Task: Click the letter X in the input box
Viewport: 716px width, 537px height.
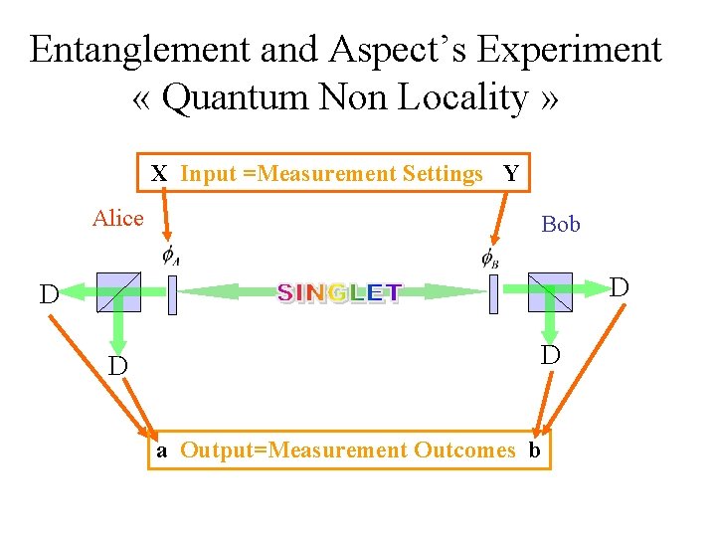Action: (x=159, y=174)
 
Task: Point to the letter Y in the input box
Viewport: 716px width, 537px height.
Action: (x=511, y=174)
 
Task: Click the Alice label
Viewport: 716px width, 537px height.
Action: (x=118, y=218)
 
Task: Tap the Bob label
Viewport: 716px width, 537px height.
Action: (x=561, y=224)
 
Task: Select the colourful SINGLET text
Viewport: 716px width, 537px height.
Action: (x=339, y=292)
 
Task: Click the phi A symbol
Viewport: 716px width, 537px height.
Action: (x=170, y=257)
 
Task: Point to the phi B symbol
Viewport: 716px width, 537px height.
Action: (x=490, y=258)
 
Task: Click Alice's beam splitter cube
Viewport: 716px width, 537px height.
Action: (x=118, y=292)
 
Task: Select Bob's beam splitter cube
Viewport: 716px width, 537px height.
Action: (x=550, y=292)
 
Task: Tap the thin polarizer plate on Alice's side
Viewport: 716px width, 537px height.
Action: (x=172, y=294)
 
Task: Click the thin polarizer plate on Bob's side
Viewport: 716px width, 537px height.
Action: (x=492, y=294)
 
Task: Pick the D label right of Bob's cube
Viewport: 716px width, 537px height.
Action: (x=620, y=288)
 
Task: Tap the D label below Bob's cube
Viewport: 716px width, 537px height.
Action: (x=550, y=355)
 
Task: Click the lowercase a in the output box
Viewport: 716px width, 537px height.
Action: (x=162, y=450)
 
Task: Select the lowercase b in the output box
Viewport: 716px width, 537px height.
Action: (x=534, y=450)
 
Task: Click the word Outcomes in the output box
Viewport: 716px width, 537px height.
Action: (x=464, y=450)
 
